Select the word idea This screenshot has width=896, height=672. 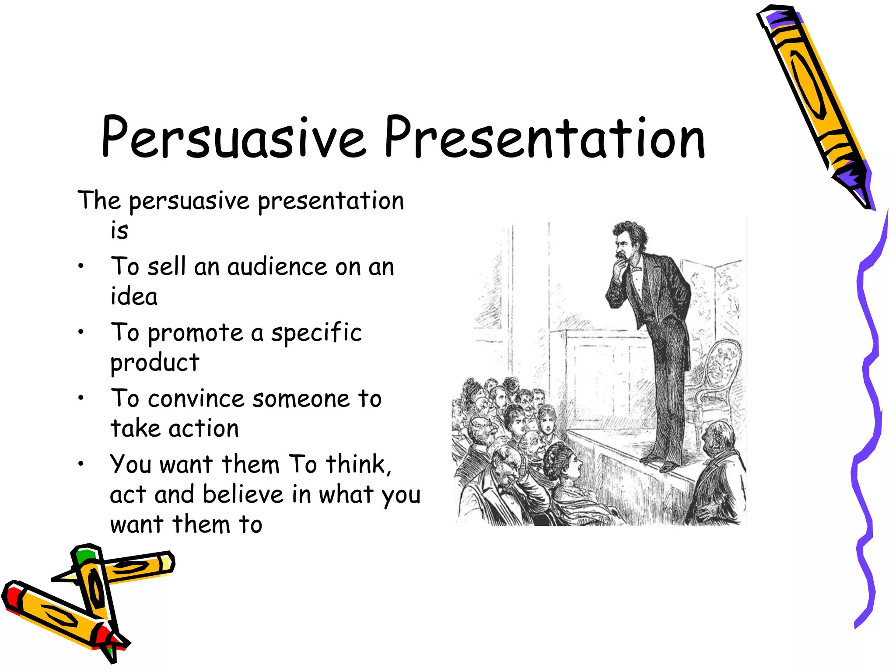click(x=134, y=297)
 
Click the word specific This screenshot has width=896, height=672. click(x=316, y=332)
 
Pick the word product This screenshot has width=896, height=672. click(x=155, y=363)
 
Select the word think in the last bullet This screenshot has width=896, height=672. click(x=357, y=464)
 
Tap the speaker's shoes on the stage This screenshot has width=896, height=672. click(x=661, y=464)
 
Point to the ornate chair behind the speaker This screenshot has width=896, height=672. click(x=717, y=372)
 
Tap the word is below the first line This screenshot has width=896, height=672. click(x=119, y=231)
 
